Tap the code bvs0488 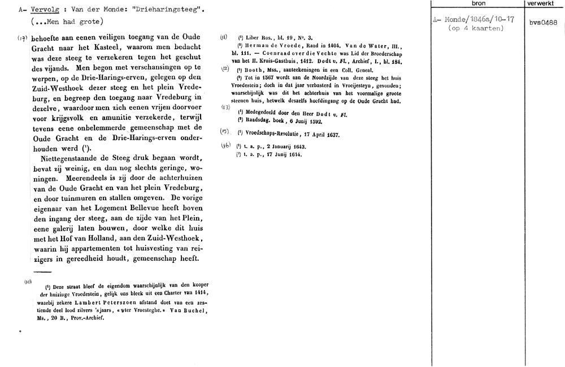[x=545, y=23]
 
